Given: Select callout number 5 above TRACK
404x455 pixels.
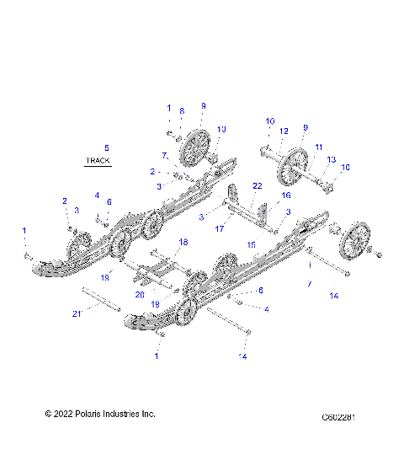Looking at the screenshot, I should coord(106,148).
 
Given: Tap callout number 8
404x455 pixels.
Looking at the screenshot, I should coord(181,111).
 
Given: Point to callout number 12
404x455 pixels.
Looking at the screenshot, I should coord(284,131).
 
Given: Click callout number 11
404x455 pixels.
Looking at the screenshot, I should coord(319,147).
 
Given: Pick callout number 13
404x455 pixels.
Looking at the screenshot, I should coord(331,160).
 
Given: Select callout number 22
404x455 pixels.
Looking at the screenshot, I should coord(258,185).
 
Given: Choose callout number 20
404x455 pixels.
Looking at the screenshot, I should coord(140,295).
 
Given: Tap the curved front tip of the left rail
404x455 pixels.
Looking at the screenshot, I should coord(42,267).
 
